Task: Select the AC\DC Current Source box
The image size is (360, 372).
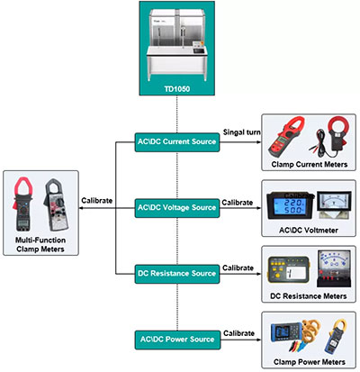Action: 175,142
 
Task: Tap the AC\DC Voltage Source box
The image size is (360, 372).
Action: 175,207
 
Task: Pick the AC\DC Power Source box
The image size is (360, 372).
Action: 175,340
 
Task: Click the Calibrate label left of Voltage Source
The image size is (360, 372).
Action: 98,200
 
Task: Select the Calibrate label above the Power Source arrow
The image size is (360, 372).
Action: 239,331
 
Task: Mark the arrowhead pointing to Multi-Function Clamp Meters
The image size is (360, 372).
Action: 79,207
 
